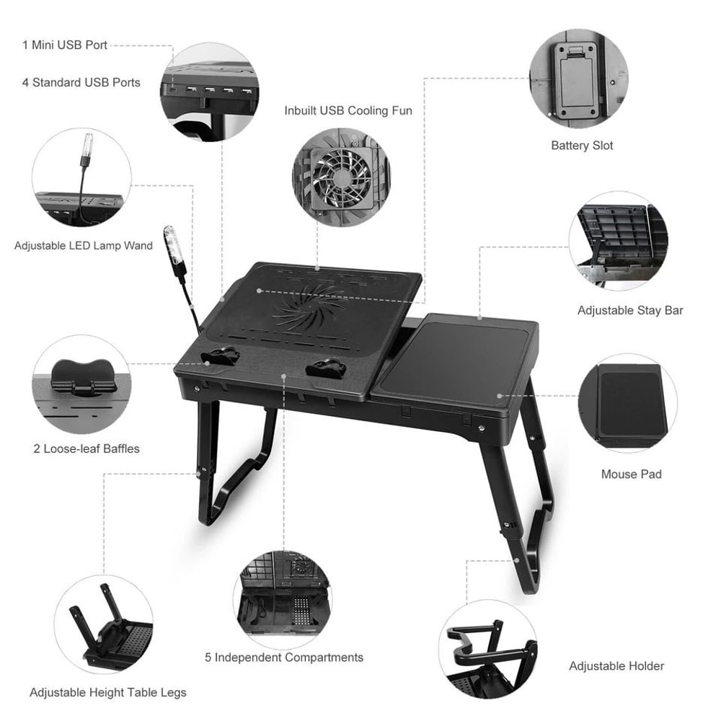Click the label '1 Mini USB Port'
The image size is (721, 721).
65,45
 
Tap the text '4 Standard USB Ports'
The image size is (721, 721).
81,82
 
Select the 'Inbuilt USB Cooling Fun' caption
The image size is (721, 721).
348,110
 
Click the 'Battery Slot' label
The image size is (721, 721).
582,145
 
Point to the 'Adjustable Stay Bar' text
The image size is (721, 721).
630,311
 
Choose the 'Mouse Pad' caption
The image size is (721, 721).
631,474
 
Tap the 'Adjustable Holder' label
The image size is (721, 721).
616,665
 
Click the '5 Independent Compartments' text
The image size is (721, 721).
284,657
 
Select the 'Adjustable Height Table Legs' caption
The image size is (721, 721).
108,692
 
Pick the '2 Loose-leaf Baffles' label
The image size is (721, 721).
87,448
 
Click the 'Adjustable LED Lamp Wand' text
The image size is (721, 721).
84,246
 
